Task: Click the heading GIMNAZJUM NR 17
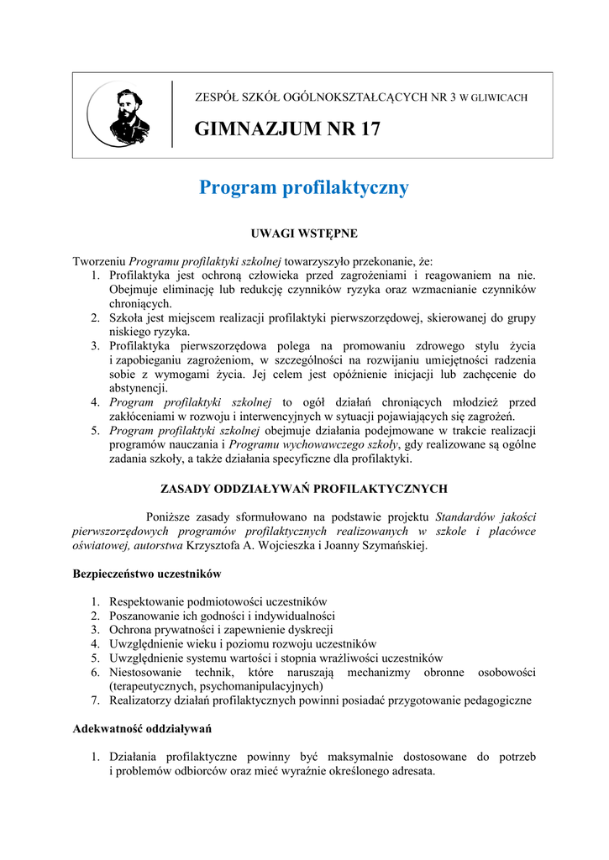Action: (x=287, y=129)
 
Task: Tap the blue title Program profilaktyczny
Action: (x=304, y=187)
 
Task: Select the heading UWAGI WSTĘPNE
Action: (x=305, y=233)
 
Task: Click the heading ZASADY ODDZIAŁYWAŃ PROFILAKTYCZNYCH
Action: (x=304, y=488)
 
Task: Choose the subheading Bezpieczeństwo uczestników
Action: (x=147, y=574)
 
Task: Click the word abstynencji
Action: (x=139, y=388)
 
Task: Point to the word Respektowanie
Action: (x=149, y=601)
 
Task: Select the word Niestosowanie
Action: (x=154, y=672)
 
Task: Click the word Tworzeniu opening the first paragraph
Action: (x=100, y=260)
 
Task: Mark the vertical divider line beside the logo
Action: (x=172, y=115)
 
